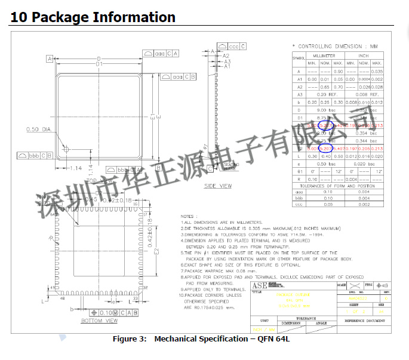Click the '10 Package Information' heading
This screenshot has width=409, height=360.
coord(93,17)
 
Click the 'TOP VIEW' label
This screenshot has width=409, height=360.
coord(99,180)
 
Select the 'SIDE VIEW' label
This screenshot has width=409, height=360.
coord(218,186)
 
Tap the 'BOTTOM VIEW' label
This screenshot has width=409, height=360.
coord(100,321)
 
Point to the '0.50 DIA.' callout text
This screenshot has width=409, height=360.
coord(39,129)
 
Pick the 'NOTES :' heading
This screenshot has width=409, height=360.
coord(189,216)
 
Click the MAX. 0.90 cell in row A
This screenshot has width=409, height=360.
coord(338,71)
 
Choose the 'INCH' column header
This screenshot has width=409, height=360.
coord(364,56)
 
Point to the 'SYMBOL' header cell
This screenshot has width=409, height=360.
coord(298,59)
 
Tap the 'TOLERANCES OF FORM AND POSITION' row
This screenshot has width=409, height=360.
coord(337,186)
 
